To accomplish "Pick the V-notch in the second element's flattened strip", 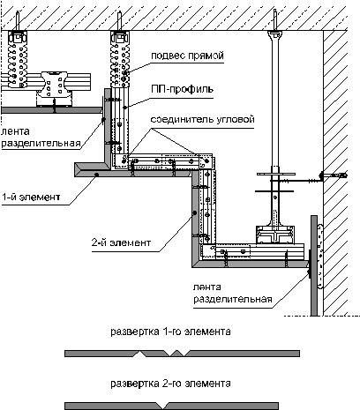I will coord(160,405).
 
